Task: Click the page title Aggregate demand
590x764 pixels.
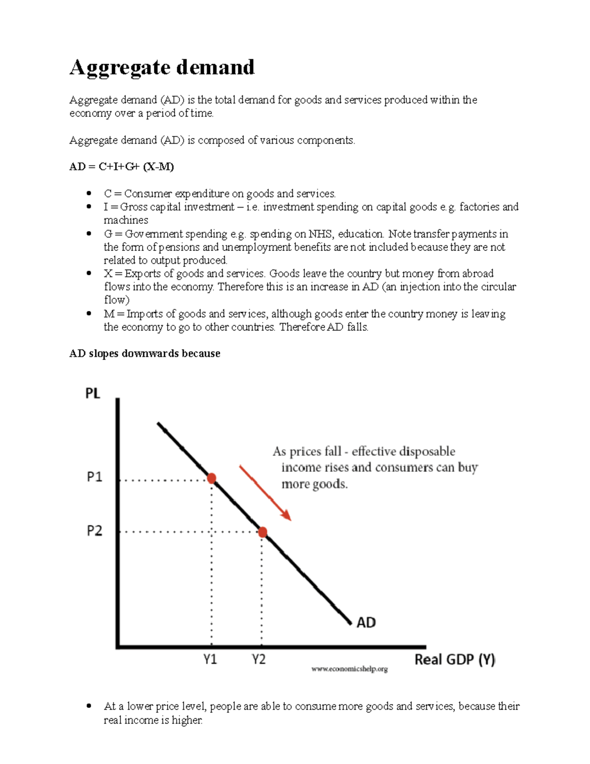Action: click(162, 67)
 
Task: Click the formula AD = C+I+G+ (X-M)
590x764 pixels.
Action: click(121, 167)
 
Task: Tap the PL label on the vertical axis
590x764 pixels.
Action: click(93, 394)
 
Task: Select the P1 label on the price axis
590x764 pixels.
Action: click(94, 477)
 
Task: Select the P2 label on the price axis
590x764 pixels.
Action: click(94, 531)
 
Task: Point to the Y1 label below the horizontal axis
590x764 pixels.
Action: click(210, 659)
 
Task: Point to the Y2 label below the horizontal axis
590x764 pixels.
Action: click(259, 659)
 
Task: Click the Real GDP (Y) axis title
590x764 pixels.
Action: click(455, 659)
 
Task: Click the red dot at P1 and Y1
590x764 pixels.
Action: click(211, 478)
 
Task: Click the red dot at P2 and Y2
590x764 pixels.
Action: click(263, 532)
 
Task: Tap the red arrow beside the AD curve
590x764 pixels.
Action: click(265, 492)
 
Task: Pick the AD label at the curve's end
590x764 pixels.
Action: click(366, 623)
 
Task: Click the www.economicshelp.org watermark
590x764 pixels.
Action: click(350, 669)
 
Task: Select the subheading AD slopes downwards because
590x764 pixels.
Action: click(145, 353)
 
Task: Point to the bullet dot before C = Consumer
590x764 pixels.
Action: click(88, 193)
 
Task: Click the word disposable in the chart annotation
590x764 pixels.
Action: click(427, 451)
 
